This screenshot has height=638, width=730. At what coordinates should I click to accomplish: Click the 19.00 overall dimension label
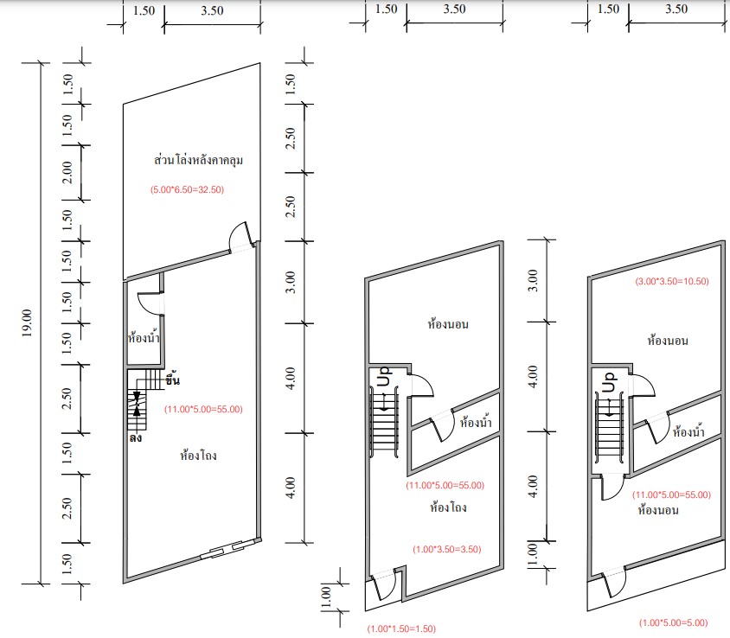coord(27,322)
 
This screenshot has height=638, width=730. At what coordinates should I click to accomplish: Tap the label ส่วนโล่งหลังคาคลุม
coord(198,160)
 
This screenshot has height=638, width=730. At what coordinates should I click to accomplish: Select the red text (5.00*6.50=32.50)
coord(187,189)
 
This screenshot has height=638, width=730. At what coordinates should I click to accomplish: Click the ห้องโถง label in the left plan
coord(198,455)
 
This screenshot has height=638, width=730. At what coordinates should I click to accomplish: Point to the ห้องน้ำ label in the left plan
coord(144,336)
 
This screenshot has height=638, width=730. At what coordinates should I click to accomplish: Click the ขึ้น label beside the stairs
coord(172,380)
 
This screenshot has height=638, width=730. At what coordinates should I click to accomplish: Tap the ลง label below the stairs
coord(136,438)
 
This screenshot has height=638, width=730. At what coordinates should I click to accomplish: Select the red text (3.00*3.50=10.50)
coord(672,281)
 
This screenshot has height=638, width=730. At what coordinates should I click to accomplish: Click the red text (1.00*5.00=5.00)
coord(673,622)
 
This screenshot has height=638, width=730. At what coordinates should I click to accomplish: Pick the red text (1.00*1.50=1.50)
coord(401,628)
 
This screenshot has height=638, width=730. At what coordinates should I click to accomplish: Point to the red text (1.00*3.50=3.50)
coord(447,549)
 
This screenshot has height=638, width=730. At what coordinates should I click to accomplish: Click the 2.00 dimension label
coord(67,172)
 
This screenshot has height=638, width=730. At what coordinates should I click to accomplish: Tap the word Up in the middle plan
coord(384,376)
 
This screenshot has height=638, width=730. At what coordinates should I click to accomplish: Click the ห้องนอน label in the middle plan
coord(448,324)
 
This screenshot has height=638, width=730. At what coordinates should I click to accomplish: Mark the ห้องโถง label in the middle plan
coord(448,507)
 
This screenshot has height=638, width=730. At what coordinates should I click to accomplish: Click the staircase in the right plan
coord(609,424)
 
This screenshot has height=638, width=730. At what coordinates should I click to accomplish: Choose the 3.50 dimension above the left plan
coord(212,10)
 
